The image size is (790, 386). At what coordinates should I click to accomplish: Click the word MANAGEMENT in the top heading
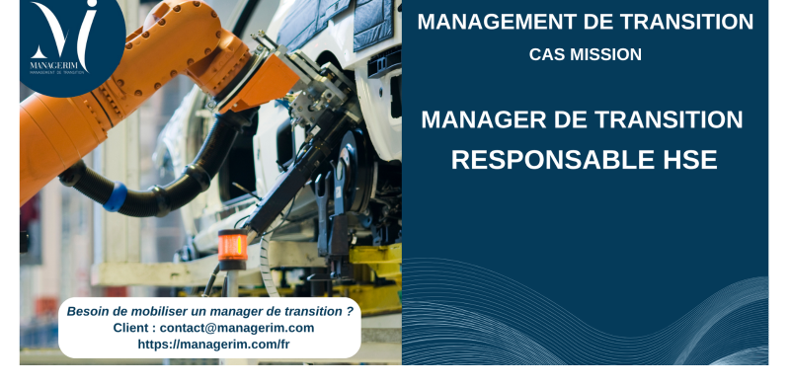pos(491,22)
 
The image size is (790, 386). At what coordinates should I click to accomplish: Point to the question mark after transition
pos(350,311)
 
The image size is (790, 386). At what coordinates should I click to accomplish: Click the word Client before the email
pos(133,328)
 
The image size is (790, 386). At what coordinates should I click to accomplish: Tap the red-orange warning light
pos(233,246)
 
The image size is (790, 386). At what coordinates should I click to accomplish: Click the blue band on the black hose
pos(115,196)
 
